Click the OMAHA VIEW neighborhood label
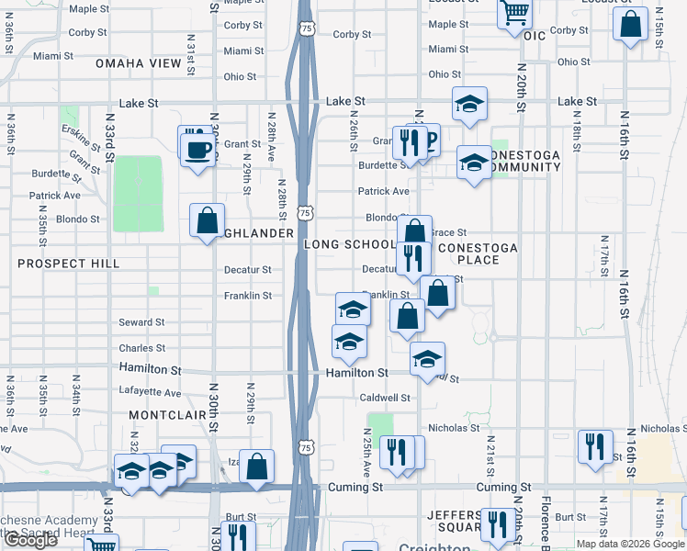click(140, 63)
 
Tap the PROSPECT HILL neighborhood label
click(69, 264)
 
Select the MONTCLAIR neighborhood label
click(163, 416)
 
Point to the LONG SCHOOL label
click(351, 244)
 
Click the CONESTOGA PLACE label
click(478, 253)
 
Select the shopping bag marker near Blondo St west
click(208, 220)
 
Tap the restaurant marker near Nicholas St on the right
click(595, 446)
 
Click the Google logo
click(29, 540)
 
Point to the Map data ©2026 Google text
click(630, 544)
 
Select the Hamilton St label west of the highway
click(150, 368)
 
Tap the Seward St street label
click(141, 322)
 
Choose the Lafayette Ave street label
click(152, 392)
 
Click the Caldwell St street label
click(384, 398)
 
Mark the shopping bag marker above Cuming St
click(258, 466)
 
